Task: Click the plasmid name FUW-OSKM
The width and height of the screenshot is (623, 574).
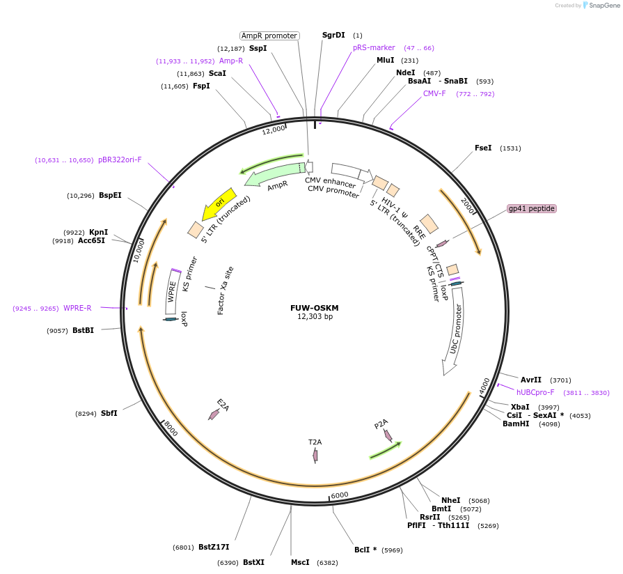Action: coord(315,308)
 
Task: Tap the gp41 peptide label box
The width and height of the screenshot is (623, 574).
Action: coord(532,208)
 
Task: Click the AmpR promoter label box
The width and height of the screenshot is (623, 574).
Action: coord(269,36)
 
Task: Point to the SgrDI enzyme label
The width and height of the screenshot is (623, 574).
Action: coord(333,35)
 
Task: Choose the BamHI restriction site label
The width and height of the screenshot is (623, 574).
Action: coord(516,424)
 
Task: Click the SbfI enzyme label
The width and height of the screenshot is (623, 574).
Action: coord(109,413)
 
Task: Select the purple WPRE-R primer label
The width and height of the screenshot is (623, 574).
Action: coord(77,308)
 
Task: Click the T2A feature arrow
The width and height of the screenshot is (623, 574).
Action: coord(315,454)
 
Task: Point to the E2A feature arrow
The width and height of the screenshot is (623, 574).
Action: coord(214,414)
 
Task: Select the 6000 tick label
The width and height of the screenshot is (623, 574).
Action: coord(339,495)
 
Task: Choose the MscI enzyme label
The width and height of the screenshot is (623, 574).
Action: coord(300,562)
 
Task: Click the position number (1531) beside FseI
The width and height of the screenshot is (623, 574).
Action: coord(510,148)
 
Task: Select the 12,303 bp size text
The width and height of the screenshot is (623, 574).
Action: coord(315,317)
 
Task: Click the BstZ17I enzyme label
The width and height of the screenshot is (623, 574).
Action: coord(214,547)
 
